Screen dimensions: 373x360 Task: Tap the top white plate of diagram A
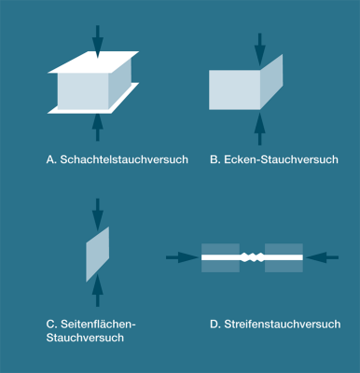93,62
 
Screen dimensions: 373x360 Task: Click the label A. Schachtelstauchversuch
117,159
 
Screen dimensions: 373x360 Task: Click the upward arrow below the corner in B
259,129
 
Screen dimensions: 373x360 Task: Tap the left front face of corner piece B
234,90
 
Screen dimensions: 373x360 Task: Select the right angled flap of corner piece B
271,81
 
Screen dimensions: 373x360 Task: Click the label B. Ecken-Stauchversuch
273,159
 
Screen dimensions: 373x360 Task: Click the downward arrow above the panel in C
97,213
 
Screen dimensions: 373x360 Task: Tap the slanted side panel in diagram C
97,253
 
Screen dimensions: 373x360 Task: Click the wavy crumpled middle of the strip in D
252,256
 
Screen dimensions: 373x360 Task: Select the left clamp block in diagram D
220,256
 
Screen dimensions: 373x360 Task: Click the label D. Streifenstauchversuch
275,324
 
